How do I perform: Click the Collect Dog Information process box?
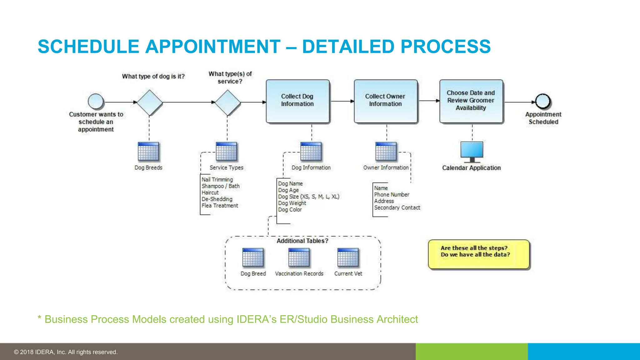pos(297,101)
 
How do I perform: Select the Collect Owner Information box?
pos(386,101)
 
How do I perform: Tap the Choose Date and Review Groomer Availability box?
pos(471,101)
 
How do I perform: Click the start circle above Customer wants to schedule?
pos(96,101)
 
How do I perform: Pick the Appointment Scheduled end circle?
pos(543,101)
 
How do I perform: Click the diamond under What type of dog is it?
pos(150,102)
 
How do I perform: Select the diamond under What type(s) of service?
pos(228,102)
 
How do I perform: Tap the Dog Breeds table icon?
pos(148,152)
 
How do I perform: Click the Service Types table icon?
pos(227,152)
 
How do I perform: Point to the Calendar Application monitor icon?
pos(472,152)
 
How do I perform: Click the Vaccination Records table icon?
pos(299,257)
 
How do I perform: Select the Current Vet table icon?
pos(348,257)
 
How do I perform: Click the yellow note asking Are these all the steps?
pos(478,254)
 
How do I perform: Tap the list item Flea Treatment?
pos(220,206)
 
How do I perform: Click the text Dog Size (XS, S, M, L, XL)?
pos(308,197)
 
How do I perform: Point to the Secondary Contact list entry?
pos(397,207)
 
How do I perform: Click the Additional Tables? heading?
pos(302,241)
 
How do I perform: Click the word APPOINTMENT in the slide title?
pos(213,47)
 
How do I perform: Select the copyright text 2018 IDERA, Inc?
pos(66,352)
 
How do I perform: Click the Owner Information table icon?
pos(386,152)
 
